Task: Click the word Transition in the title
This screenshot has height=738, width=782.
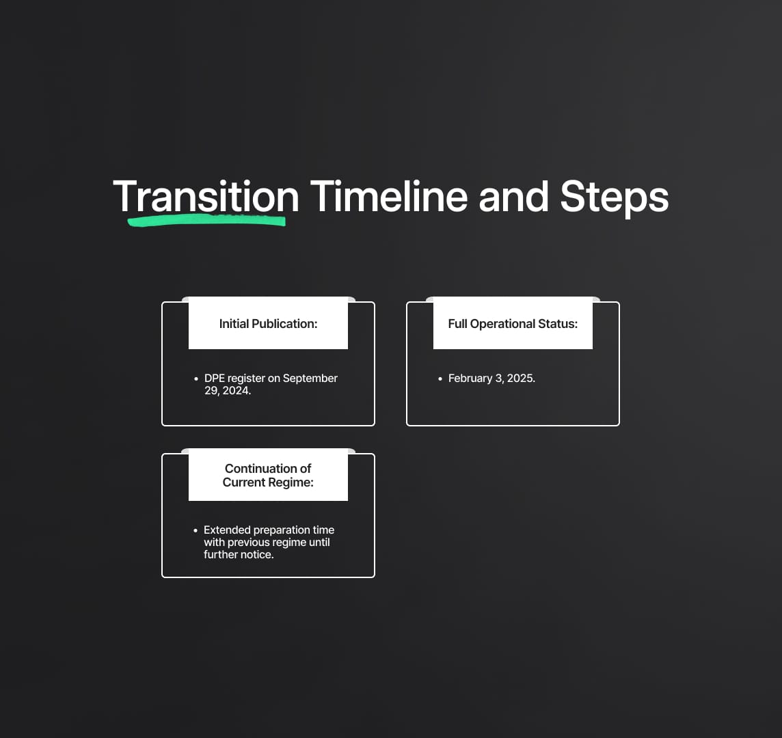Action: pyautogui.click(x=206, y=197)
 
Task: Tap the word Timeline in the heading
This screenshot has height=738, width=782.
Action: pyautogui.click(x=389, y=197)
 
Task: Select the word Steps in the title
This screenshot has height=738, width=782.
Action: pyautogui.click(x=614, y=197)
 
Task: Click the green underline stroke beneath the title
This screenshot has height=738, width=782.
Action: pyautogui.click(x=206, y=221)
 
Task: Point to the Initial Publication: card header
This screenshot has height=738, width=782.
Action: pyautogui.click(x=269, y=324)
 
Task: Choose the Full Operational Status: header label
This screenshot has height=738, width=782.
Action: pyautogui.click(x=513, y=324)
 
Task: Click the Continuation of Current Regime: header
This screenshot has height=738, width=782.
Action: pyautogui.click(x=269, y=475)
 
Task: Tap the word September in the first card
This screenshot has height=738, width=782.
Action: pyautogui.click(x=310, y=379)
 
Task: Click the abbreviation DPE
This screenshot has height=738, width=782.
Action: pyautogui.click(x=215, y=379)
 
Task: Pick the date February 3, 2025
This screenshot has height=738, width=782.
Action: pyautogui.click(x=491, y=379)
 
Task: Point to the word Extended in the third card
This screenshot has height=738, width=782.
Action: pyautogui.click(x=227, y=530)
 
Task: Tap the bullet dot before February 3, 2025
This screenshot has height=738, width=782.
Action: pyautogui.click(x=440, y=379)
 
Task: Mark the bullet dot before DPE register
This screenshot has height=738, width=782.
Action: pyautogui.click(x=195, y=379)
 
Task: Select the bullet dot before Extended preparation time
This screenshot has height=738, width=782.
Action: pyautogui.click(x=195, y=530)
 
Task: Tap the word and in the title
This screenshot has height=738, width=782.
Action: pyautogui.click(x=513, y=197)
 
